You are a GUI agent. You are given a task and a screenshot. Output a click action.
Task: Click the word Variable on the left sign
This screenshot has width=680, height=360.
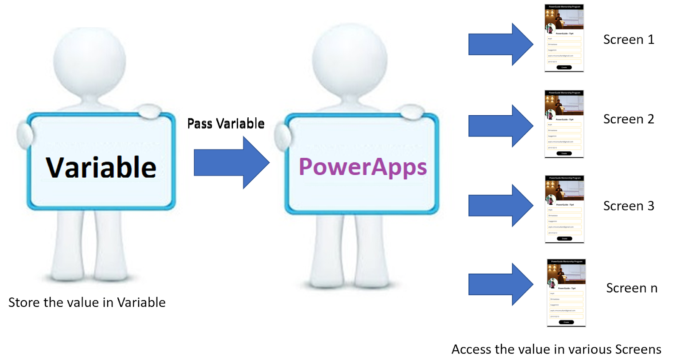pyautogui.click(x=101, y=167)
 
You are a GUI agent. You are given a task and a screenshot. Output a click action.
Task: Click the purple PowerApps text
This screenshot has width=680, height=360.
pyautogui.click(x=363, y=167)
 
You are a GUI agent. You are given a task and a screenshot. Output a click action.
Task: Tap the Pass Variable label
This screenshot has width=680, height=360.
pyautogui.click(x=226, y=124)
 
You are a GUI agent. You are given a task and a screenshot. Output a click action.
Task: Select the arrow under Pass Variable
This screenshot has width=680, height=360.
pyautogui.click(x=231, y=162)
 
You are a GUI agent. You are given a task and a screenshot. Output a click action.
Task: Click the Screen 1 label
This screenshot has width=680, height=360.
pyautogui.click(x=629, y=40)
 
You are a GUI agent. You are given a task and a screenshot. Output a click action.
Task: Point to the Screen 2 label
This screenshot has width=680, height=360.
pyautogui.click(x=629, y=119)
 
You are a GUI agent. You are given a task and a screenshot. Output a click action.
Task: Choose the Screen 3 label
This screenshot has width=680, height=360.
pyautogui.click(x=629, y=206)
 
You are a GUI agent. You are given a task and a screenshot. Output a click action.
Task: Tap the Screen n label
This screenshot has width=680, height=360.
pyautogui.click(x=632, y=288)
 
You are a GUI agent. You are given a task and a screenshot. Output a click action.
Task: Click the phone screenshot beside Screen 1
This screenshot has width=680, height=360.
pyautogui.click(x=564, y=38)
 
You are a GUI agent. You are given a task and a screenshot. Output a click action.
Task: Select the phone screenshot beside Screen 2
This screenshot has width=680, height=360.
pyautogui.click(x=564, y=124)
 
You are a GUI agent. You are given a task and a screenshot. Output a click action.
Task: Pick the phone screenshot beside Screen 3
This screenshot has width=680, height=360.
pyautogui.click(x=564, y=209)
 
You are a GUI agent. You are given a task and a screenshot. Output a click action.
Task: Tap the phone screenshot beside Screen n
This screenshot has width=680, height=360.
pyautogui.click(x=566, y=293)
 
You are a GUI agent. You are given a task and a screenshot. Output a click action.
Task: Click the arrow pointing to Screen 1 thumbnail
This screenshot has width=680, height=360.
pyautogui.click(x=500, y=44)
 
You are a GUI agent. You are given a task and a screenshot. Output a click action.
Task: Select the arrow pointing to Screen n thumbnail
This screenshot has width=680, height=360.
pyautogui.click(x=500, y=284)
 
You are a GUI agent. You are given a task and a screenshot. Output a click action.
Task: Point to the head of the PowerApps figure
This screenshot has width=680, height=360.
pyautogui.click(x=349, y=60)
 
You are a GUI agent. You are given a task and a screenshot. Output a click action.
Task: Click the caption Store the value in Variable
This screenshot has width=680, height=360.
pyautogui.click(x=87, y=303)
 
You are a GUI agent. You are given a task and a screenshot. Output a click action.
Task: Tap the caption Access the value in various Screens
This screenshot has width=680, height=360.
pyautogui.click(x=556, y=349)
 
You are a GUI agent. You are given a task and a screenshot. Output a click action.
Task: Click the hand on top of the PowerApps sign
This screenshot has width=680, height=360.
pyautogui.click(x=411, y=112)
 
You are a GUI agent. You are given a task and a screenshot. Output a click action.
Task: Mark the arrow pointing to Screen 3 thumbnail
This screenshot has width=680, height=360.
pyautogui.click(x=500, y=205)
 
